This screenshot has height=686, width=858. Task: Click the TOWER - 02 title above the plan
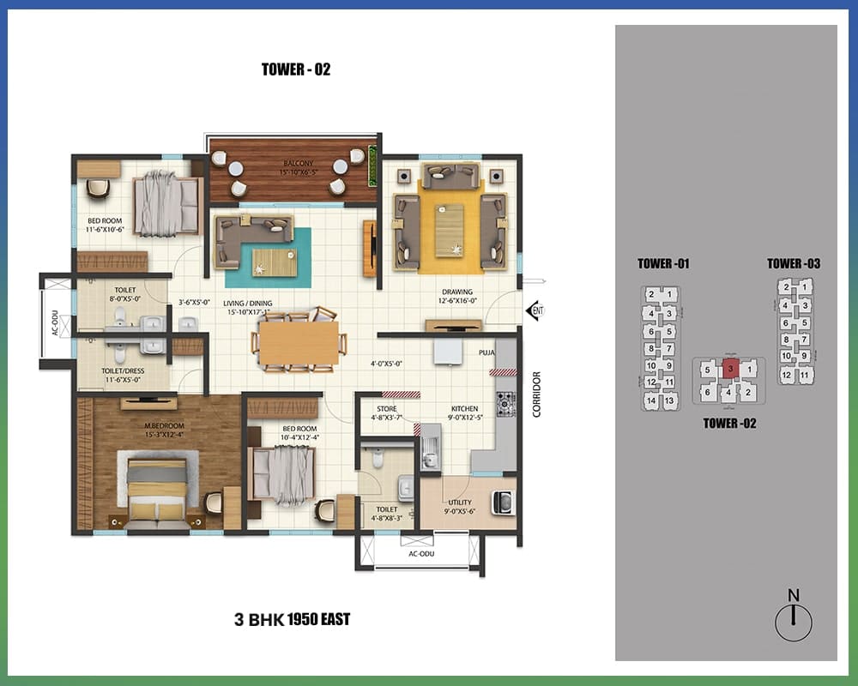296,69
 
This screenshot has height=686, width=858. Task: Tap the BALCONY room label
299,163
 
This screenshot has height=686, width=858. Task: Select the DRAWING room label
457,292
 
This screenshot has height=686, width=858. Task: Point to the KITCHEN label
464,409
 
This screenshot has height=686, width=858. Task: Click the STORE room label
387,409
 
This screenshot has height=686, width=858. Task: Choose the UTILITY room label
460,502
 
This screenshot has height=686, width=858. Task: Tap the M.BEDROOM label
164,425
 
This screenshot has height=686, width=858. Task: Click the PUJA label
486,352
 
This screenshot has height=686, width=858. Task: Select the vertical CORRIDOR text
536,394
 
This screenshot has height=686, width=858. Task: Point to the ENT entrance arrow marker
535,310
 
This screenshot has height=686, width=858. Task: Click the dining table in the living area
299,343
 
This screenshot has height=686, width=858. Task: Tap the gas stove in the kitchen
505,405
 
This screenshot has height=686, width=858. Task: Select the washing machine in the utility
503,502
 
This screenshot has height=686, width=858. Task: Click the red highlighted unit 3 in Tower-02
730,370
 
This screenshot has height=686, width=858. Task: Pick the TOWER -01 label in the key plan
663,263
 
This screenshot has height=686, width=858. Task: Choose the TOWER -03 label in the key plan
794,263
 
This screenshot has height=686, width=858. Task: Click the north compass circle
794,623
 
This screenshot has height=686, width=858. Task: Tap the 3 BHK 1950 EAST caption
293,619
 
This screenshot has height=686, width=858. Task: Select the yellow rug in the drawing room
450,226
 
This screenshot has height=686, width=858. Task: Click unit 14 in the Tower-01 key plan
651,400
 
